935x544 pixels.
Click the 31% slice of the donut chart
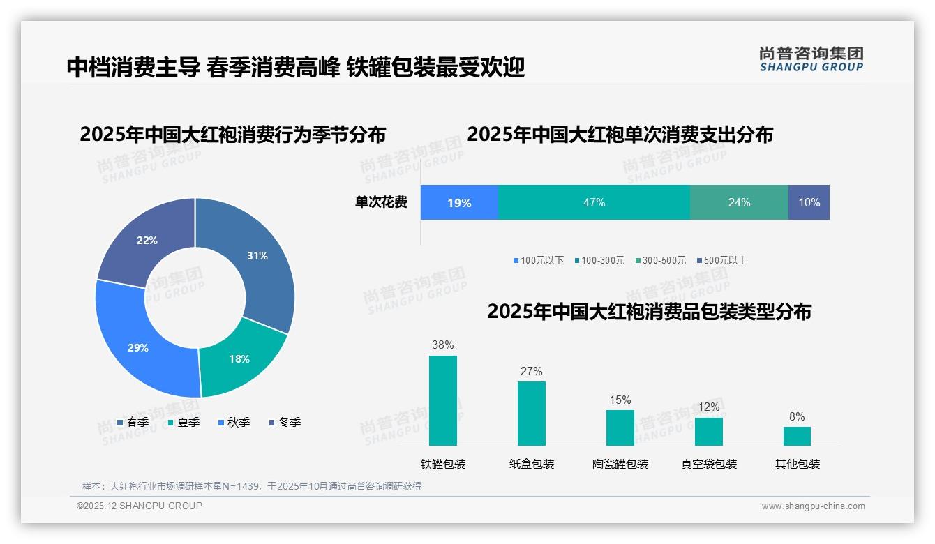pyautogui.click(x=258, y=265)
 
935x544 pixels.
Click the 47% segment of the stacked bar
pyautogui.click(x=594, y=202)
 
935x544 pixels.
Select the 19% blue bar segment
pyautogui.click(x=459, y=202)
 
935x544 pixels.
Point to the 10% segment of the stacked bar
pyautogui.click(x=809, y=202)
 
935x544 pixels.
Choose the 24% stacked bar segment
pyautogui.click(x=739, y=202)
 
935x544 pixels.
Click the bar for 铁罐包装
pyautogui.click(x=442, y=400)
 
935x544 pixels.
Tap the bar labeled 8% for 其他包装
pyautogui.click(x=797, y=436)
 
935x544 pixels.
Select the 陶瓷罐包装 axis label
pyautogui.click(x=620, y=464)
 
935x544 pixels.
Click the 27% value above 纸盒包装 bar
pyautogui.click(x=531, y=371)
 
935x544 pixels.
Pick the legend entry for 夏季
pyautogui.click(x=184, y=422)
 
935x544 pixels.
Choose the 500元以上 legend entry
pyautogui.click(x=722, y=260)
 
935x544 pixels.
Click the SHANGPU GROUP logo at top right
pyautogui.click(x=811, y=59)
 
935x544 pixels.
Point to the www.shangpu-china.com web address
pyautogui.click(x=813, y=506)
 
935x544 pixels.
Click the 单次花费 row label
pyautogui.click(x=381, y=202)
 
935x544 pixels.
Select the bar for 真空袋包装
pyautogui.click(x=708, y=431)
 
